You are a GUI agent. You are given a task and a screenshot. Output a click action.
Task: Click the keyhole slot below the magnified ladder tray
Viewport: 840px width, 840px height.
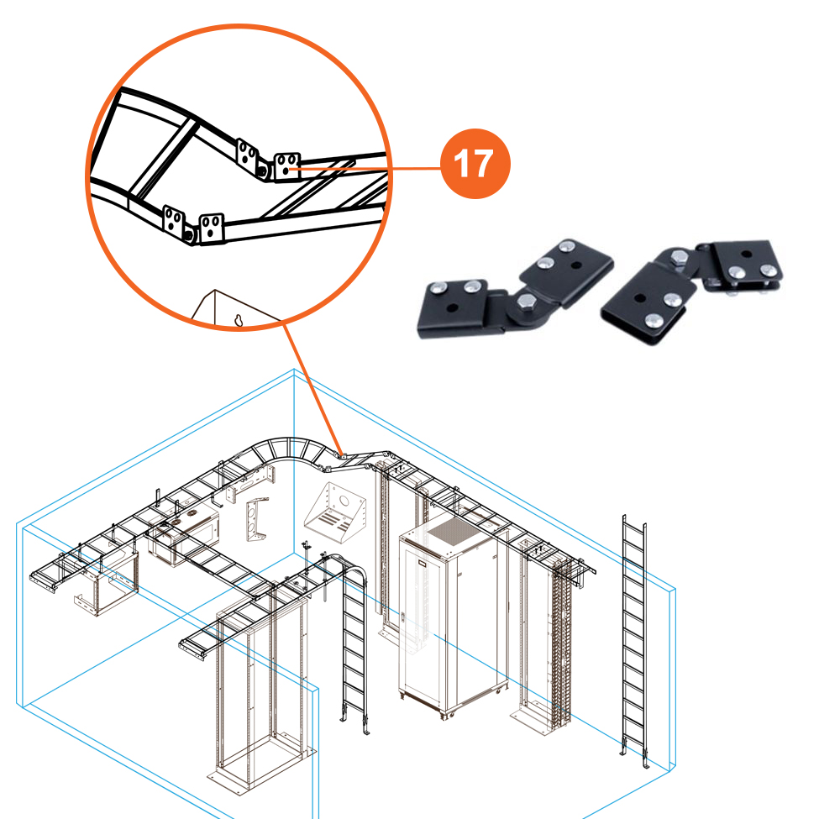tap(239, 320)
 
